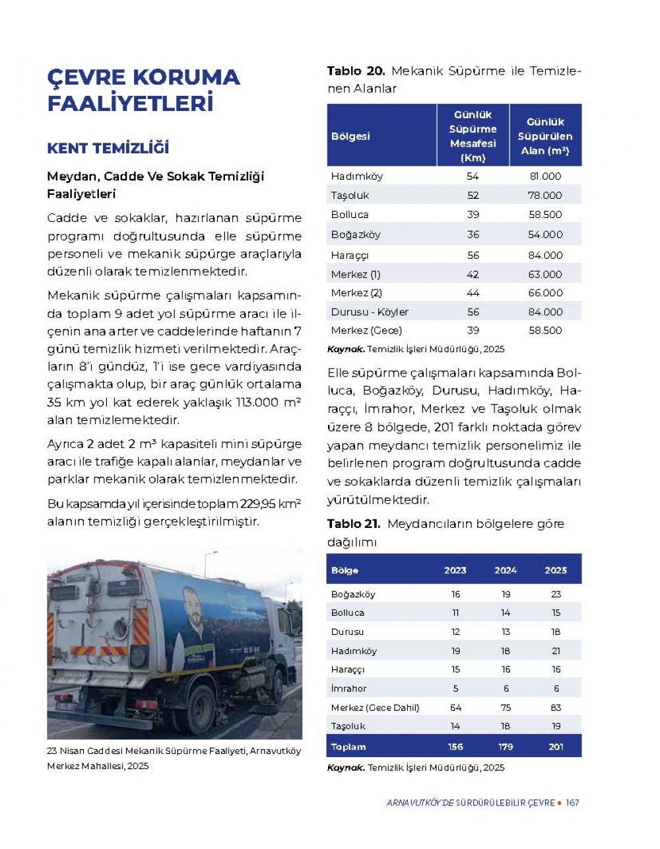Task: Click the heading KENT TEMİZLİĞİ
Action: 108,148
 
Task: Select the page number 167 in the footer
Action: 572,803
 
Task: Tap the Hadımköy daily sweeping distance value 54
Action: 473,176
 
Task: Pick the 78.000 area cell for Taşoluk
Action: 545,196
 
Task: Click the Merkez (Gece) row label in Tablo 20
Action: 366,330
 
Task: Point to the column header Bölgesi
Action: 350,136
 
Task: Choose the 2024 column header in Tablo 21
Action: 506,570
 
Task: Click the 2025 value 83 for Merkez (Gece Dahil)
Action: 556,708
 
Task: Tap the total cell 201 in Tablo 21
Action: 556,747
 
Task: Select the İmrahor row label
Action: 348,688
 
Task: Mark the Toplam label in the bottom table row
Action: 348,747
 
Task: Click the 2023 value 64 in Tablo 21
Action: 455,708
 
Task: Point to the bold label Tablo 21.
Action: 354,524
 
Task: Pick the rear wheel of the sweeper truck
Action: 201,702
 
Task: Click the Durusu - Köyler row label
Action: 370,312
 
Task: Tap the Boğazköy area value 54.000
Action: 545,235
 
